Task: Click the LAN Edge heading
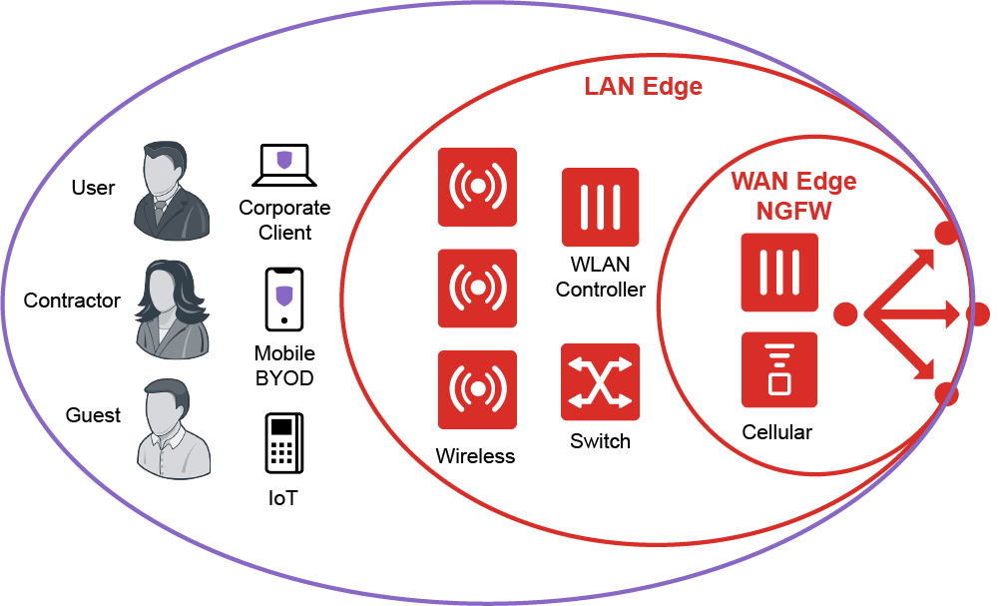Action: (643, 87)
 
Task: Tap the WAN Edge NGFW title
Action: (793, 197)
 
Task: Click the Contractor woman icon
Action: (173, 309)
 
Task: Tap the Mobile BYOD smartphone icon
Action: (284, 299)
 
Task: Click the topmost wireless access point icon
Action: (477, 187)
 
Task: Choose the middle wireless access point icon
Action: (477, 289)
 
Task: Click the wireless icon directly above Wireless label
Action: (477, 389)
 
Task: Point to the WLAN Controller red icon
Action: (600, 207)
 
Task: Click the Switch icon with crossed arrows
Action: (600, 383)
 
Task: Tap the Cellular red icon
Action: (779, 370)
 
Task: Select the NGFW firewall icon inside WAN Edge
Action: (779, 273)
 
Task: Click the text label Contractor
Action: (72, 301)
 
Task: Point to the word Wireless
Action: (475, 456)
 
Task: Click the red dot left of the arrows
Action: (845, 314)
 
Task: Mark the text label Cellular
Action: (776, 432)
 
